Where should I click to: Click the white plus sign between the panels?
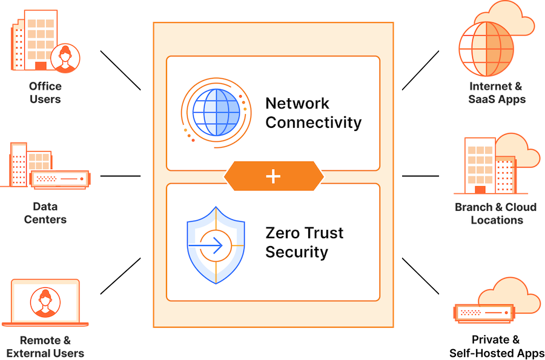(x=274, y=176)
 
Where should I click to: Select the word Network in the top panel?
(x=297, y=103)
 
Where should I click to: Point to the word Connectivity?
(x=313, y=122)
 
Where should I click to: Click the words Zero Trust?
(x=304, y=233)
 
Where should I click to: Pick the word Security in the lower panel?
(x=297, y=252)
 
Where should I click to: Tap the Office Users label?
(x=45, y=92)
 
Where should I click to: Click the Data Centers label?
(x=45, y=212)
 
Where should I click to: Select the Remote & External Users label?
(x=45, y=346)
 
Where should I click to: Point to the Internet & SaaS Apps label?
(x=497, y=92)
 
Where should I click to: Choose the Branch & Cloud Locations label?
(x=496, y=213)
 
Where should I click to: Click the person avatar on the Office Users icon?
(x=65, y=58)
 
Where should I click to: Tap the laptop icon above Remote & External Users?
(x=45, y=303)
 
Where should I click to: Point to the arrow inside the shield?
(x=208, y=245)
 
